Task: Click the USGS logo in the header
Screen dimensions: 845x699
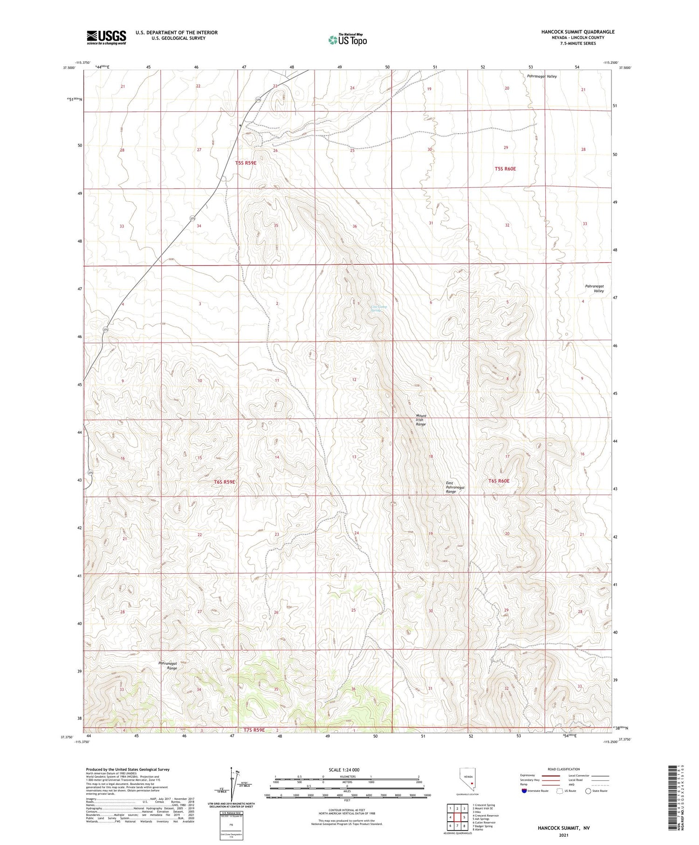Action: [x=106, y=37]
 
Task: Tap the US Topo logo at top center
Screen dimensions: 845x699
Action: [x=347, y=40]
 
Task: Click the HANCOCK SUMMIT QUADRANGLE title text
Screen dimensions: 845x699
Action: [x=577, y=32]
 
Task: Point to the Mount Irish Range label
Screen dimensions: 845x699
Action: [x=420, y=420]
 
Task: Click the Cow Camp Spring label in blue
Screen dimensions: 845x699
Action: [x=379, y=308]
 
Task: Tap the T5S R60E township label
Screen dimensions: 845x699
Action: [x=505, y=169]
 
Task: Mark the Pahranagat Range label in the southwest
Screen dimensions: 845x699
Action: [x=167, y=665]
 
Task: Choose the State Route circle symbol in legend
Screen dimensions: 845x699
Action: [x=588, y=791]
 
